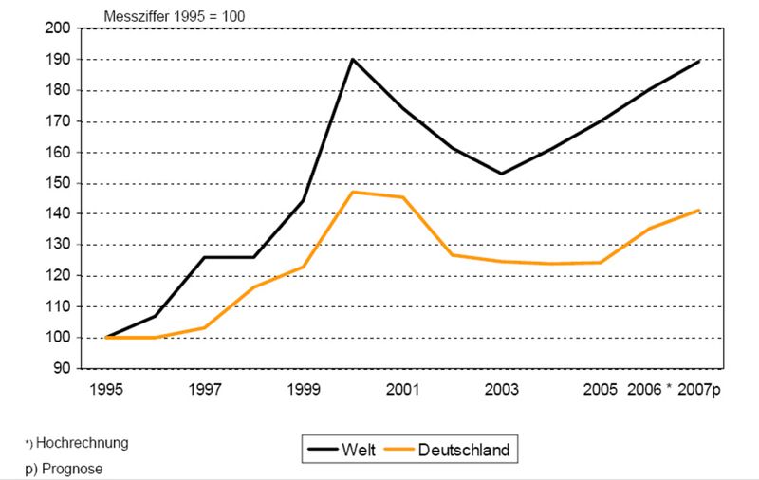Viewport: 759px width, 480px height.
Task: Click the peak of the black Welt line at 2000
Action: click(354, 60)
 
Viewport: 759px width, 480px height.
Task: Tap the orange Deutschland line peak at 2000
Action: click(354, 192)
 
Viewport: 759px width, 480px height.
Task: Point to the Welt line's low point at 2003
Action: click(501, 174)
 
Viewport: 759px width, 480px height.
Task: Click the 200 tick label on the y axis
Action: click(58, 28)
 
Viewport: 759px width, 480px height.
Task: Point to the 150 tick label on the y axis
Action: click(58, 183)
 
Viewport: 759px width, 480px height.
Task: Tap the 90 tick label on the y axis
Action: click(62, 368)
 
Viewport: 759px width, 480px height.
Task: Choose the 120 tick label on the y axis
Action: click(58, 276)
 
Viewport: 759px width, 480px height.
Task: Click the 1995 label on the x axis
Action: click(106, 389)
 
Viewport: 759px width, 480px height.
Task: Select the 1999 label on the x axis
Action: click(304, 389)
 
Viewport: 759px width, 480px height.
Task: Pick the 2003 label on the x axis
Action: click(501, 389)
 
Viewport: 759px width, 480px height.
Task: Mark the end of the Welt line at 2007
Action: click(700, 61)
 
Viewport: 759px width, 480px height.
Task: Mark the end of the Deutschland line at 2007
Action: click(700, 210)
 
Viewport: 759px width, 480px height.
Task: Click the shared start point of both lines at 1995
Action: click(107, 337)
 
